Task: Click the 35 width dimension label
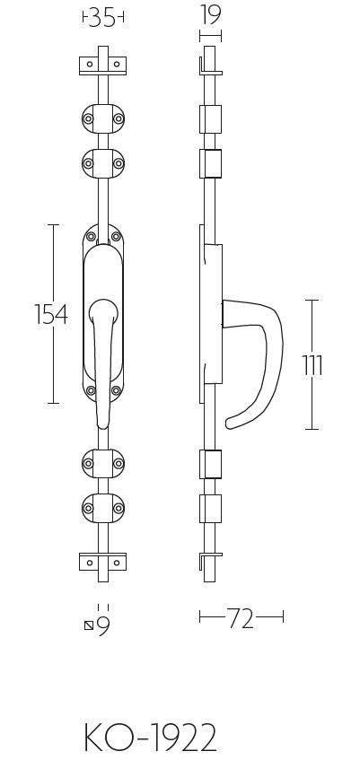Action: (103, 17)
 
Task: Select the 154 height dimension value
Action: (51, 314)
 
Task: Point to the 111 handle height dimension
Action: (312, 365)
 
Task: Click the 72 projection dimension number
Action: (241, 618)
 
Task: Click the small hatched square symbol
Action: (88, 626)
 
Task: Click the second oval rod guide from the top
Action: (103, 162)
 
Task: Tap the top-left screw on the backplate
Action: (91, 237)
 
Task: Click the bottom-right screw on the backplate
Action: (116, 390)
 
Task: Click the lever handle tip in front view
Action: (102, 422)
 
